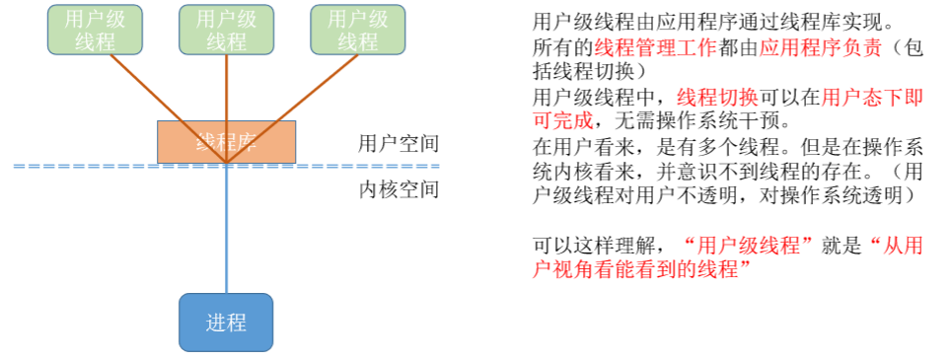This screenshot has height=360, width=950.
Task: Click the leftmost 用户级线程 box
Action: click(95, 30)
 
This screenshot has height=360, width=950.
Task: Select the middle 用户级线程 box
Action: click(226, 30)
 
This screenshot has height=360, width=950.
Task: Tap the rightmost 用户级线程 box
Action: click(357, 30)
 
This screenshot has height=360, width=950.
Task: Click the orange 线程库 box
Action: click(226, 141)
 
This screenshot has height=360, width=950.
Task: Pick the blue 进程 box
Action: click(226, 322)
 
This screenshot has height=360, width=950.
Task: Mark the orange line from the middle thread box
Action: click(226, 89)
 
